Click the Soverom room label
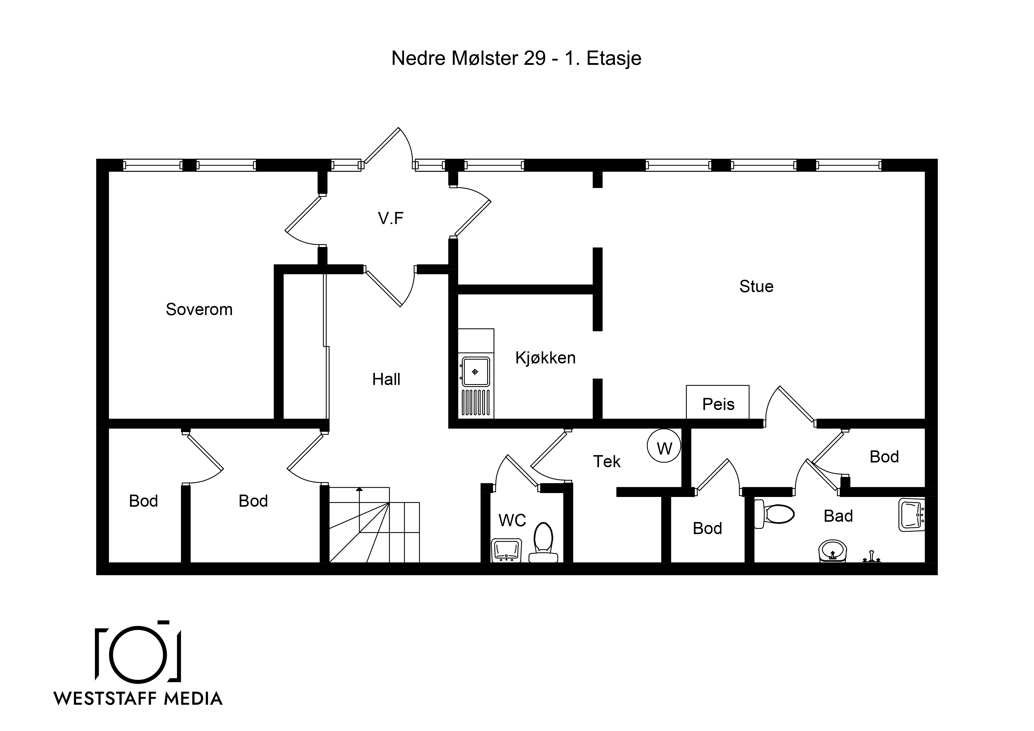pos(199,309)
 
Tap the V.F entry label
pos(391,218)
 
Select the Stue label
pos(756,287)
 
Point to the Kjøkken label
pos(545,358)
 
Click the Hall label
pos(386,379)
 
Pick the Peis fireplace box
pos(717,402)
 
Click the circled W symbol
pos(664,446)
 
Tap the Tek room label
pos(607,462)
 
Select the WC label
pos(512,521)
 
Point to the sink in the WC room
pos(506,550)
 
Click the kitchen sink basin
pos(475,372)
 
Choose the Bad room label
pos(838,516)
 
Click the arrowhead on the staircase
pos(359,489)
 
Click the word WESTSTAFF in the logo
pos(106,699)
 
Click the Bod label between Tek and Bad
pos(707,528)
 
